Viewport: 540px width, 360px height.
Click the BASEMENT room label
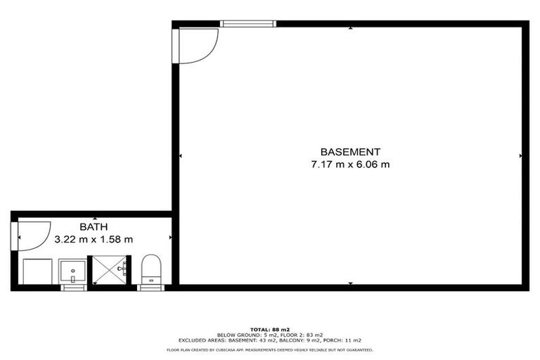click(350, 152)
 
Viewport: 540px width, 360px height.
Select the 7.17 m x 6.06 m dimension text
click(350, 165)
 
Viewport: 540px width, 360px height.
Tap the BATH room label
click(94, 226)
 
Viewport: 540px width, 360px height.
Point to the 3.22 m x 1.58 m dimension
click(94, 239)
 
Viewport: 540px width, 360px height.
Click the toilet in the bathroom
click(151, 270)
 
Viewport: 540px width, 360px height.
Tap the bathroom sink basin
click(72, 270)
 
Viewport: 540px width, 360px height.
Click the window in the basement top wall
click(247, 24)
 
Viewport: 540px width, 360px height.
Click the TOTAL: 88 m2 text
click(270, 329)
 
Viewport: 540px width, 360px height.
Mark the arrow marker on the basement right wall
click(521, 156)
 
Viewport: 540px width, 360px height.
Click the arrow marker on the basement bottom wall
click(350, 283)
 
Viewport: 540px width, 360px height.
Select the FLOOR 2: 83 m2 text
click(304, 335)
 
